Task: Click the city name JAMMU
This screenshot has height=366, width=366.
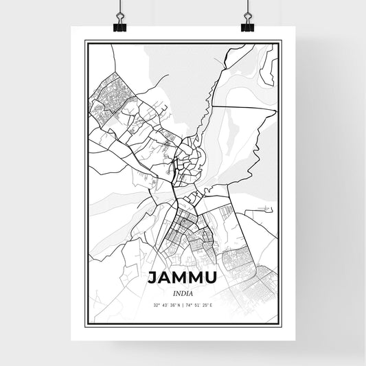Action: [x=182, y=278]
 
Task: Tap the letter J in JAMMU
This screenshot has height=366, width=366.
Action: [x=152, y=278]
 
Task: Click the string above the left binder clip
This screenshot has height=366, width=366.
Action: [x=119, y=8]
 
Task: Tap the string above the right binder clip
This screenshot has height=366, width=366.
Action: [x=247, y=8]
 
